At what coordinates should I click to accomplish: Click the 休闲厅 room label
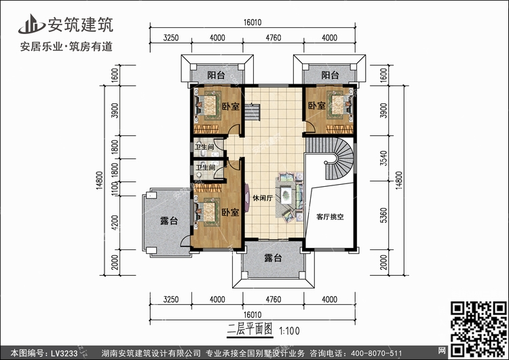(x=263, y=198)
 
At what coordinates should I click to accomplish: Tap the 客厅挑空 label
(x=330, y=217)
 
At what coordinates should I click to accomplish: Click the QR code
(x=478, y=329)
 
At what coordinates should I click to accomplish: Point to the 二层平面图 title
(x=249, y=329)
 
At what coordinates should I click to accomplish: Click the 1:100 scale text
(x=290, y=331)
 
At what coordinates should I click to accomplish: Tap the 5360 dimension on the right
(x=383, y=215)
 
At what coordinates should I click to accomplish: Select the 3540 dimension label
(x=383, y=158)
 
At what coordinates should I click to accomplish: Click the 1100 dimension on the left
(x=115, y=189)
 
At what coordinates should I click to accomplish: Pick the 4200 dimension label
(x=115, y=223)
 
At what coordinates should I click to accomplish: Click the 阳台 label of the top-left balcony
(x=216, y=75)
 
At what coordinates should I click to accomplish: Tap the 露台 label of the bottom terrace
(x=273, y=258)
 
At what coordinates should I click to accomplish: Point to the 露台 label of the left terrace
(x=169, y=221)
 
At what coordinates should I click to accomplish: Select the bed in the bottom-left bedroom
(x=208, y=211)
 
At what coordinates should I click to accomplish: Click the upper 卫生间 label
(x=204, y=147)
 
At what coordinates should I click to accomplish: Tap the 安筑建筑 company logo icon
(x=31, y=24)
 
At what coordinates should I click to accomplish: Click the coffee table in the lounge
(x=286, y=195)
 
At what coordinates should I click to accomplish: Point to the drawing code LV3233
(x=64, y=353)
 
